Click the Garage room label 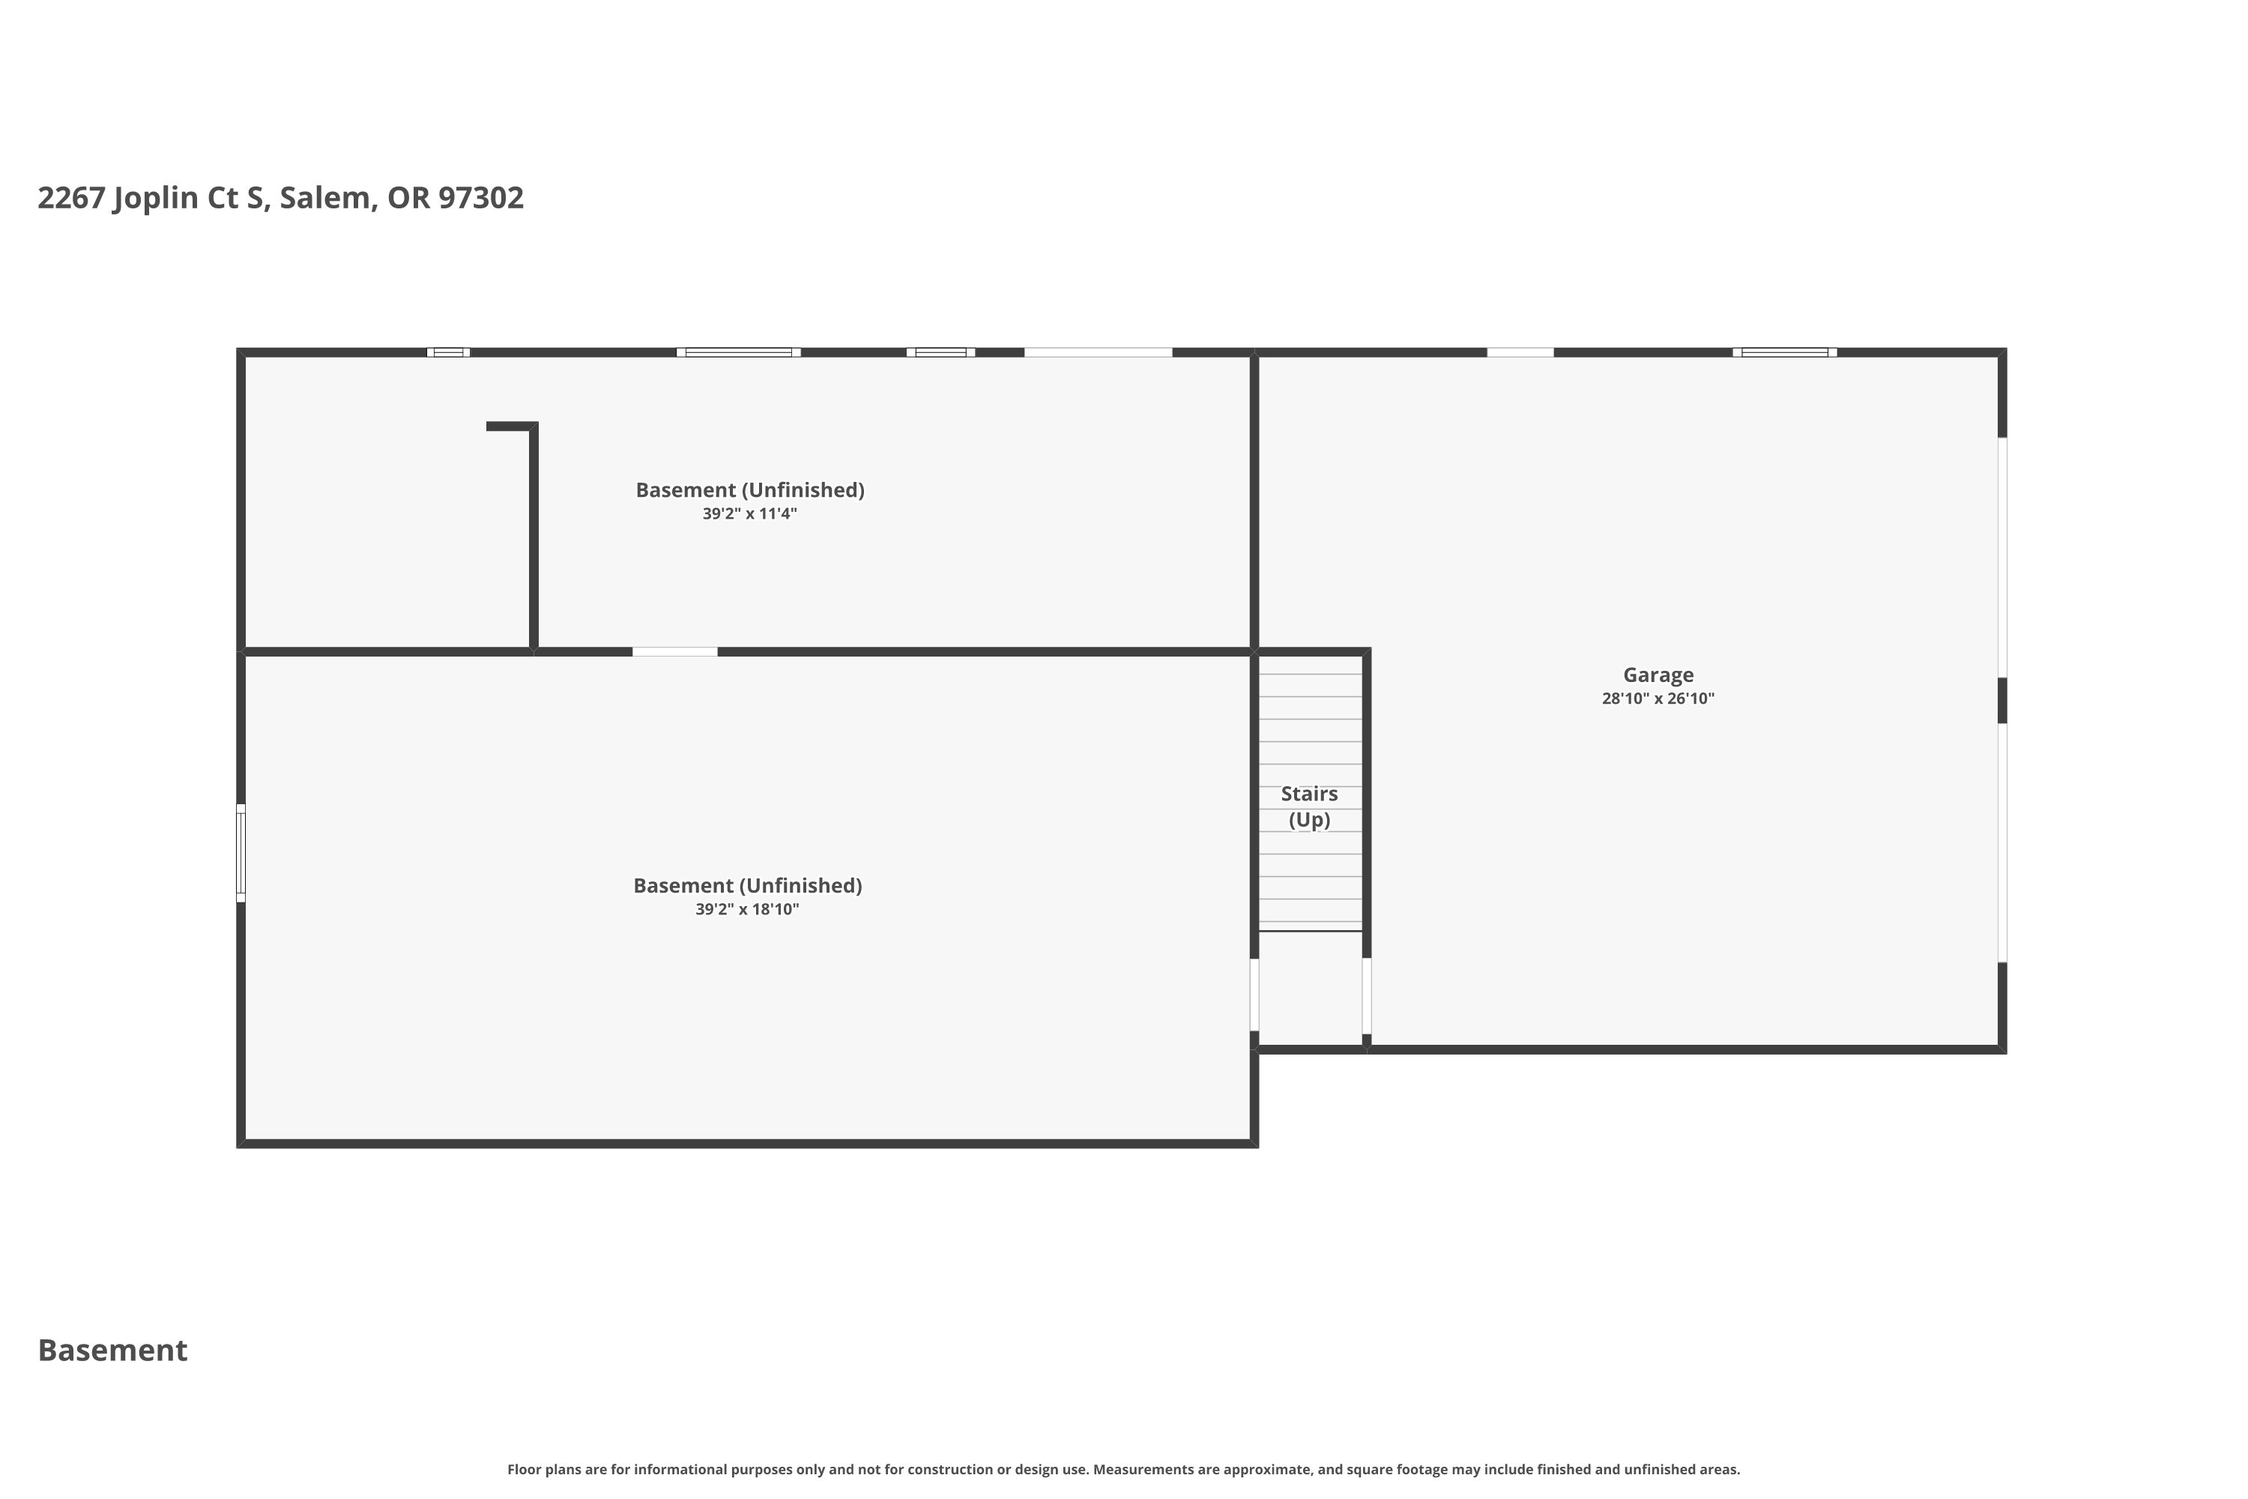click(x=1658, y=675)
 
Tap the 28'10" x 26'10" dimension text click(x=1658, y=699)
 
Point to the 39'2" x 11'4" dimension click(x=749, y=513)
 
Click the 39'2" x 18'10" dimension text click(x=747, y=909)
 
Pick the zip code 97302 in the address click(x=481, y=197)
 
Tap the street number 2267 click(x=72, y=197)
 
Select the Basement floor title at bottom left click(x=113, y=1350)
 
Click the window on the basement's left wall click(x=241, y=853)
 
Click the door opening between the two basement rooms click(x=675, y=652)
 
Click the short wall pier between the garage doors click(x=2002, y=700)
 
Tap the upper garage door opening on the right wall click(x=2002, y=558)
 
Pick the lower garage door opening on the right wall click(x=2002, y=843)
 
